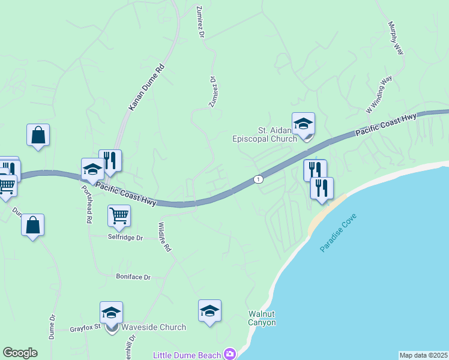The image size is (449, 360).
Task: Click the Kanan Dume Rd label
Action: pos(146,88)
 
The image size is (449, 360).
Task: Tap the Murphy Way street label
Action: pos(395,38)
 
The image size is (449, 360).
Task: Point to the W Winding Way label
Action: pos(379,95)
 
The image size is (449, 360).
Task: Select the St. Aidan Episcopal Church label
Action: pos(265,134)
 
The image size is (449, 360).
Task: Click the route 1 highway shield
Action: pos(258,179)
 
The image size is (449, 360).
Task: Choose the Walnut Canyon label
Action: pos(262,318)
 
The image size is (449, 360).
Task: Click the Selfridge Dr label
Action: pos(125,238)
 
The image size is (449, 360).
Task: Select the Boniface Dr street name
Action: pos(133,277)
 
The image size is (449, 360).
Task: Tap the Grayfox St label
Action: pos(83,329)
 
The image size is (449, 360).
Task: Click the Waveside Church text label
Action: pos(154,328)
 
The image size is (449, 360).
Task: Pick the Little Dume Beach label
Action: pos(187,355)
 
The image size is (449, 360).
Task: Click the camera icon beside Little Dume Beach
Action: pos(229,354)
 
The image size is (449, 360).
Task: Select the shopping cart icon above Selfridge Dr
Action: pos(119,215)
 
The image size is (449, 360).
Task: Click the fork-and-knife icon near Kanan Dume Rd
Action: pos(110,160)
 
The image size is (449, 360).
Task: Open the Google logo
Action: pos(20,353)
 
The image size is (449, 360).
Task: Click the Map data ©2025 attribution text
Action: pos(423,355)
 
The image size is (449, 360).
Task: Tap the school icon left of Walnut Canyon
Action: pos(209,311)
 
